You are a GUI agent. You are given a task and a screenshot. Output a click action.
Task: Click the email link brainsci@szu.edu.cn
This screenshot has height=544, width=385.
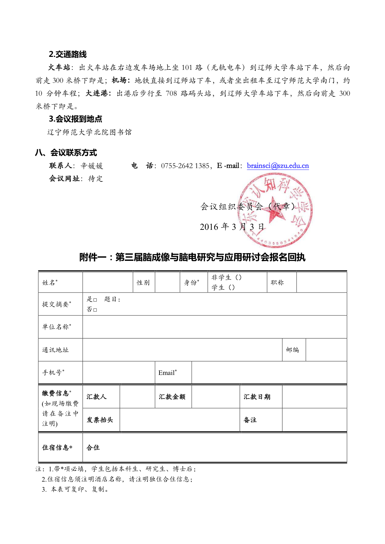(278, 166)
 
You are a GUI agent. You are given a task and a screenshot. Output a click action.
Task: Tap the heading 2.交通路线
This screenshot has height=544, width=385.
(68, 54)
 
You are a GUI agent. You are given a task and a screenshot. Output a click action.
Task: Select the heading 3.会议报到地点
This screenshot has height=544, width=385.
(75, 119)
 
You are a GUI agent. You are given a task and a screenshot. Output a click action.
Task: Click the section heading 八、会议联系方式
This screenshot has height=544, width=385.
(66, 153)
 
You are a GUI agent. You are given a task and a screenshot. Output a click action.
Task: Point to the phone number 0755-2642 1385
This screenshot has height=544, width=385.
(185, 166)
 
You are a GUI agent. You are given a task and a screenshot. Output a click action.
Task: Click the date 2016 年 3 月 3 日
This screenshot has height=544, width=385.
(232, 227)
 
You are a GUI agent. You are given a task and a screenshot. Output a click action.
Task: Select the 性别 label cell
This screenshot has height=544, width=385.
(143, 283)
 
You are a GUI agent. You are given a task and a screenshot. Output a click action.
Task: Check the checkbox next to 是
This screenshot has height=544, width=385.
(95, 300)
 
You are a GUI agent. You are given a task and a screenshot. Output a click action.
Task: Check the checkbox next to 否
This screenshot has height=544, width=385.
(95, 310)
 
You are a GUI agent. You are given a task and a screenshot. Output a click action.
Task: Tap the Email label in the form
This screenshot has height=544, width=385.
(167, 373)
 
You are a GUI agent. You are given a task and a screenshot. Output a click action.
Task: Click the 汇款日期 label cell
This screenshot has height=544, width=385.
(257, 397)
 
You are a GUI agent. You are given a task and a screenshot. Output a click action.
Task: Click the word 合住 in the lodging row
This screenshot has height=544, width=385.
(93, 448)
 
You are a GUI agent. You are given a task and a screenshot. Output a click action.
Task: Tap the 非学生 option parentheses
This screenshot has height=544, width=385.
(238, 277)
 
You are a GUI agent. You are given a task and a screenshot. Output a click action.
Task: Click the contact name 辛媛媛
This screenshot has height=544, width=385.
(92, 166)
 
